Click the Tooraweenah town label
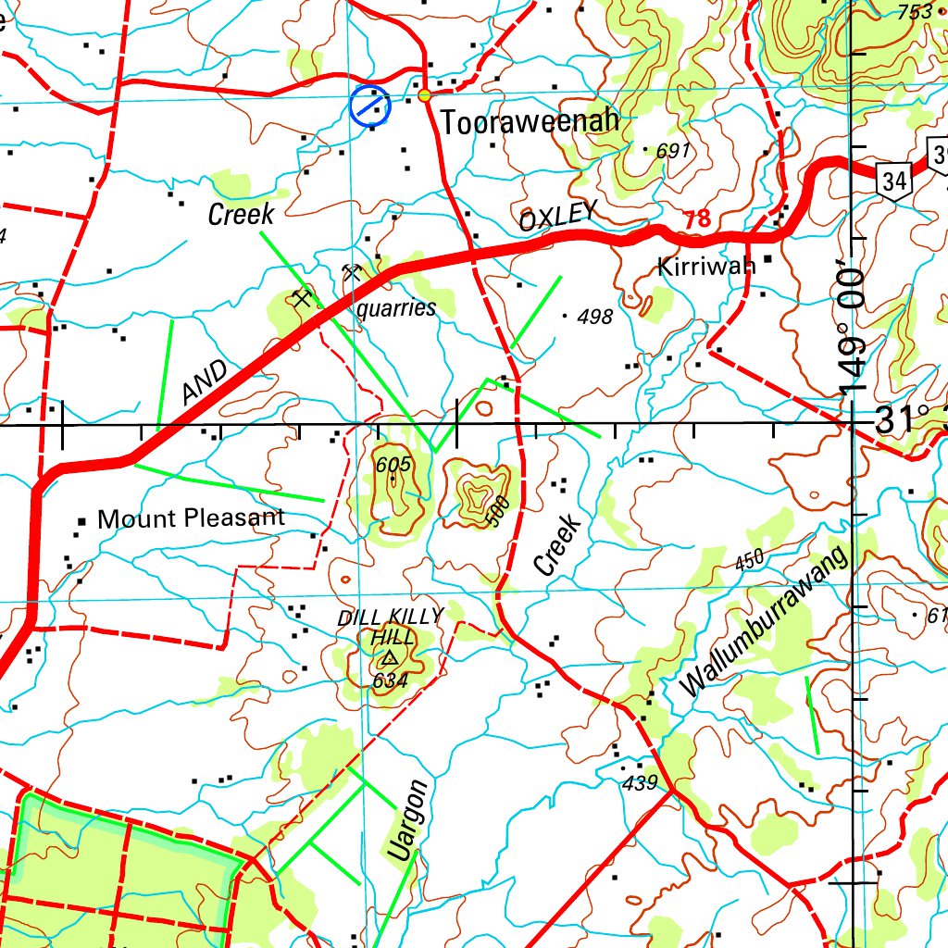(x=530, y=122)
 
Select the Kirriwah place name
(x=705, y=267)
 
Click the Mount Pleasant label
(x=191, y=518)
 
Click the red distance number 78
(x=698, y=219)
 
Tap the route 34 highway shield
(x=893, y=181)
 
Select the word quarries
(x=395, y=308)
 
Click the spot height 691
(x=673, y=151)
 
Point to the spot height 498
(x=594, y=318)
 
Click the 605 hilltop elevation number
(x=393, y=465)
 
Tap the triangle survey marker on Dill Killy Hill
(x=389, y=659)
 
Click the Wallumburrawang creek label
(x=765, y=621)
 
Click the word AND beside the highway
(x=205, y=382)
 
